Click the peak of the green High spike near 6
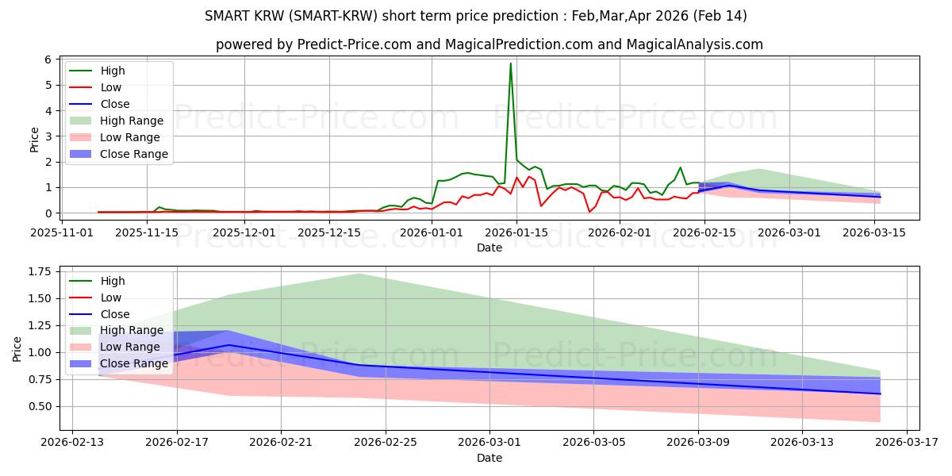pyautogui.click(x=510, y=63)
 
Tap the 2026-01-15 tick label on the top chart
pyautogui.click(x=516, y=233)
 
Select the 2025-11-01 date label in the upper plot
pyautogui.click(x=62, y=233)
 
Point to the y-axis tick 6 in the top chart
pyautogui.click(x=48, y=59)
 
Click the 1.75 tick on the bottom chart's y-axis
pyautogui.click(x=39, y=271)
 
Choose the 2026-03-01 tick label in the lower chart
pyautogui.click(x=489, y=442)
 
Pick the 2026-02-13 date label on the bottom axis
pyautogui.click(x=72, y=442)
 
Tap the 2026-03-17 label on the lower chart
pyautogui.click(x=907, y=442)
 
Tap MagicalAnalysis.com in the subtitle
pyautogui.click(x=695, y=44)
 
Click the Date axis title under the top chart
pyautogui.click(x=489, y=248)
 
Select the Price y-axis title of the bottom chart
pyautogui.click(x=17, y=349)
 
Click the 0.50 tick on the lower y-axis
pyautogui.click(x=39, y=406)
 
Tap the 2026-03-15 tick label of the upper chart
pyautogui.click(x=874, y=233)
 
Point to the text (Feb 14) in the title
pyautogui.click(x=720, y=16)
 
